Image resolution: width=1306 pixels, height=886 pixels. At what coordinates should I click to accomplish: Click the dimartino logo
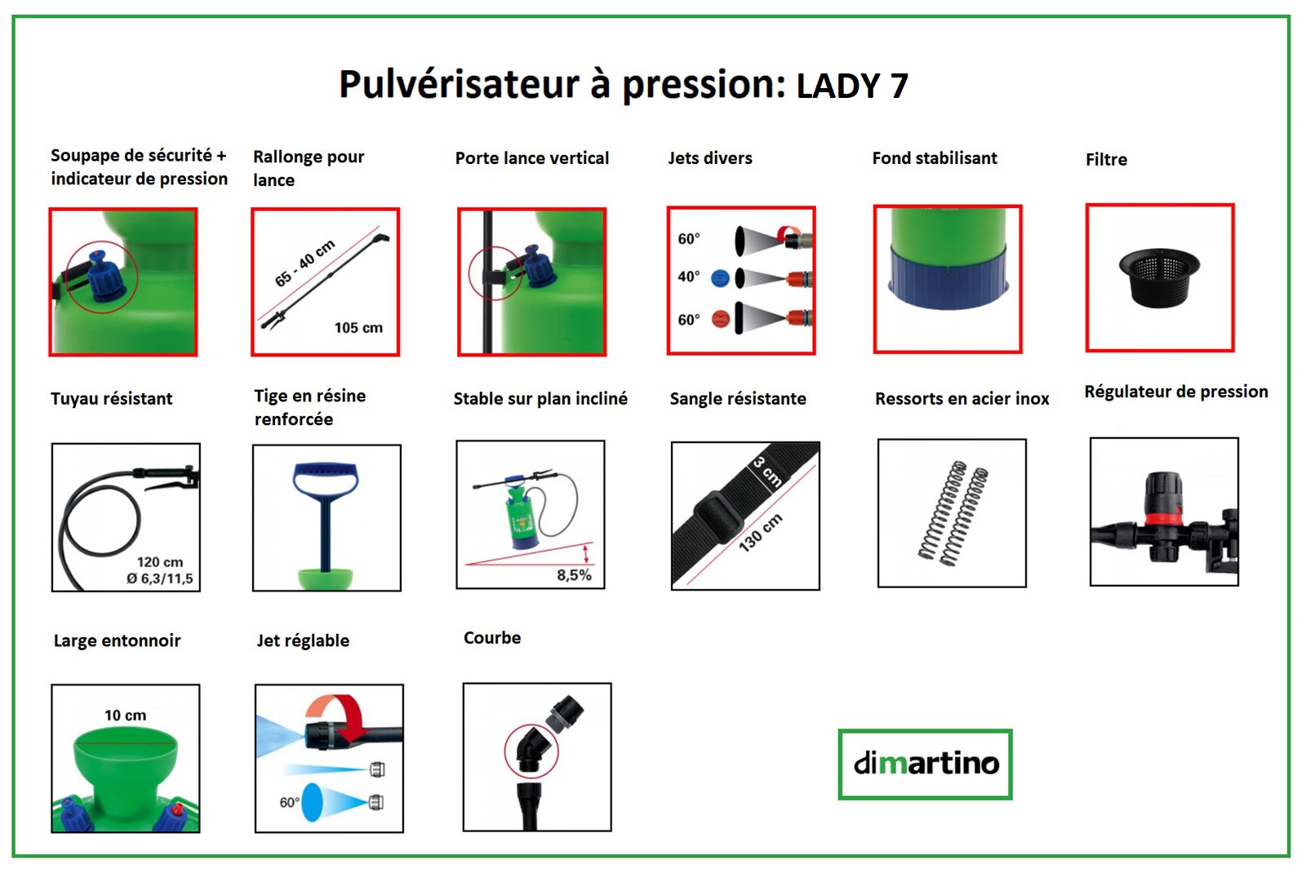[x=926, y=764]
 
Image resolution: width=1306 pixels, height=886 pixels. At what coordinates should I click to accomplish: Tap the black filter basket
[x=1159, y=277]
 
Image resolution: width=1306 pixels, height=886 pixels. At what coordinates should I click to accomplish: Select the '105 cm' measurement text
[x=358, y=328]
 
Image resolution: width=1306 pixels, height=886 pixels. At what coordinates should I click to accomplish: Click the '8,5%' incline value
[x=574, y=575]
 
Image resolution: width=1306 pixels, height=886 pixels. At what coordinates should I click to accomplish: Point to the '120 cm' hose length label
[x=160, y=562]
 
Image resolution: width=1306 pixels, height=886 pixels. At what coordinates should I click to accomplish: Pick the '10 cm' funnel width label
[x=126, y=715]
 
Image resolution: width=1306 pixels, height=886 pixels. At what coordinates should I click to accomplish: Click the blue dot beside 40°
[x=720, y=278]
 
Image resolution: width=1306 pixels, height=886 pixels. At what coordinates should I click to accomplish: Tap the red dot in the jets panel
[x=721, y=320]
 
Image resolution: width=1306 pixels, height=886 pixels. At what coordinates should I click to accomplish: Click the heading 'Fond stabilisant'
[x=935, y=158]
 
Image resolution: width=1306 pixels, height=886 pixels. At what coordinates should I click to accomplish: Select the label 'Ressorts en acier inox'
[x=962, y=399]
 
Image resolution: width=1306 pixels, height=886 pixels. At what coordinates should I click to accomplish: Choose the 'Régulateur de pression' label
[x=1176, y=392]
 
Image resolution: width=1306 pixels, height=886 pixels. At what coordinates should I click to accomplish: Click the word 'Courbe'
[x=492, y=638]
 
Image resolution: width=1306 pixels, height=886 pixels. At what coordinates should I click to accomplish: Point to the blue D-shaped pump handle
[x=326, y=479]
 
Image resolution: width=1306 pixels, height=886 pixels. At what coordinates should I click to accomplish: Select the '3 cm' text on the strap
[x=767, y=472]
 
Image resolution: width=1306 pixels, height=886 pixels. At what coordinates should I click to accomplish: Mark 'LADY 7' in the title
[x=852, y=86]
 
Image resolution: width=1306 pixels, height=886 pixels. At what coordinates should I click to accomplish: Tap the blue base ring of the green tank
[x=948, y=277]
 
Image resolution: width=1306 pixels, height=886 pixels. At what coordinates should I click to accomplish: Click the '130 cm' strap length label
[x=760, y=533]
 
